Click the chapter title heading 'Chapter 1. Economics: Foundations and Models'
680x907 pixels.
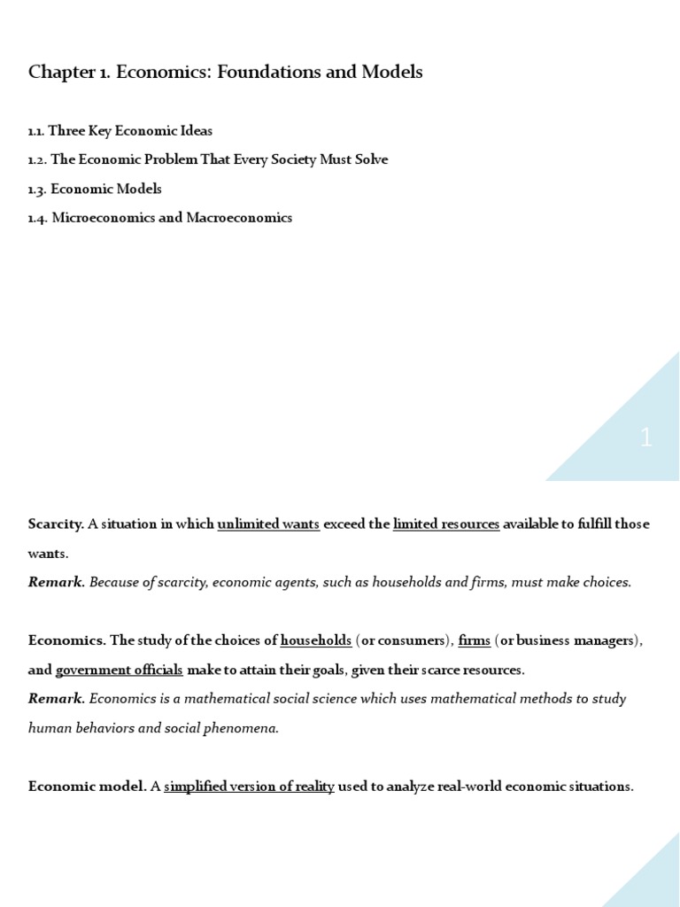[225, 73]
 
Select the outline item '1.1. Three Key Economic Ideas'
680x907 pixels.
[120, 131]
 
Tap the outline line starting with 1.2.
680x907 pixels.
[207, 160]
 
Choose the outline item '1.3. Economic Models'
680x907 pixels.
[95, 190]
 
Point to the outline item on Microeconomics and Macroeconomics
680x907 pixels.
[159, 218]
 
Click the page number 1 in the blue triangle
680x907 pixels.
[645, 438]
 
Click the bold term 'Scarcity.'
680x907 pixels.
[56, 524]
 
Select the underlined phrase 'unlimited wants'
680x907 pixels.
[268, 524]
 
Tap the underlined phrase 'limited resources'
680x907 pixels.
[446, 524]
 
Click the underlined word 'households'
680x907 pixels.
[316, 640]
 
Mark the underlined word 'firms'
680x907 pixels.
[474, 640]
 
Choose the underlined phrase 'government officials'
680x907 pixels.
[119, 670]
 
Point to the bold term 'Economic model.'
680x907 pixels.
[87, 787]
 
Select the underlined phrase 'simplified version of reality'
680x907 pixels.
[249, 787]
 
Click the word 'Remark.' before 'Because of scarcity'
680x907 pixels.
[57, 583]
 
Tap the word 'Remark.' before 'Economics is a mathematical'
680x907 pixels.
[57, 699]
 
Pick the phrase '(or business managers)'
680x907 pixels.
[567, 640]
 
